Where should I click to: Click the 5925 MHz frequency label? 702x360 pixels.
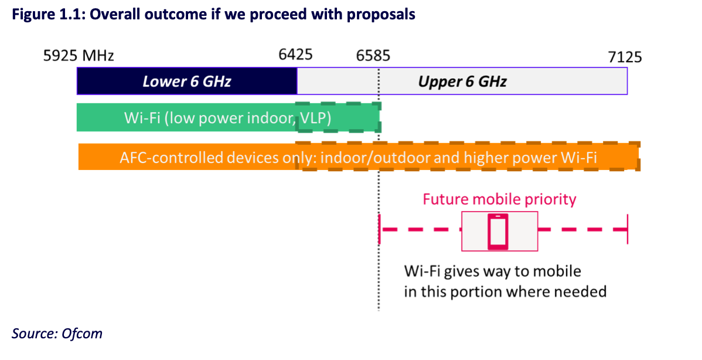tap(79, 56)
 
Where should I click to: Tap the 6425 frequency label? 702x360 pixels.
tap(296, 56)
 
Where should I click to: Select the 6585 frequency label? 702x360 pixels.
tap(373, 56)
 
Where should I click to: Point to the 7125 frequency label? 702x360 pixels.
tap(625, 56)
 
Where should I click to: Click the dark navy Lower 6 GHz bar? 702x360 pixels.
tap(186, 81)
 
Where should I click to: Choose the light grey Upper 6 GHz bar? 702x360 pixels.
tap(462, 81)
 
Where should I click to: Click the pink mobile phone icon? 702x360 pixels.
tap(499, 231)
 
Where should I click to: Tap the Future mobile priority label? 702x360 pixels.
tap(499, 199)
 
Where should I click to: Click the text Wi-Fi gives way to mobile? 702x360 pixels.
tap(492, 271)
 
